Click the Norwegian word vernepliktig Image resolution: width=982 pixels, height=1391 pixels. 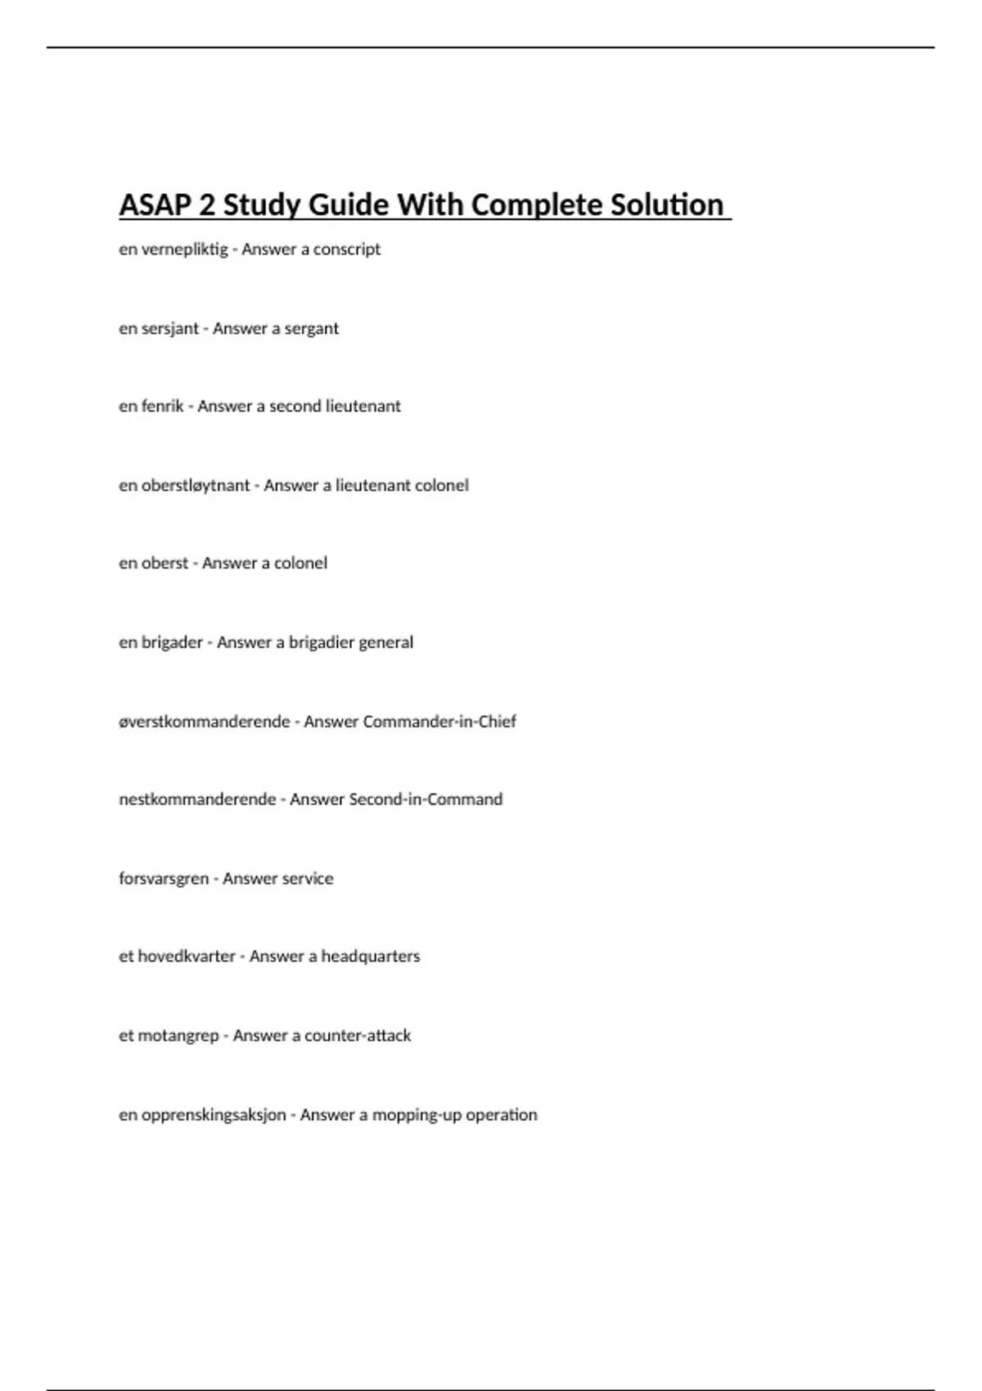(x=185, y=249)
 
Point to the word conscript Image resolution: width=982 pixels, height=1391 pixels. (x=348, y=249)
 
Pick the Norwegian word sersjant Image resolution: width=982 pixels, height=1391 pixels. (x=170, y=328)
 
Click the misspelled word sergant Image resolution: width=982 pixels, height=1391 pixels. (x=311, y=328)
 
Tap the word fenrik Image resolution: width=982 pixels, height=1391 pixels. (x=162, y=406)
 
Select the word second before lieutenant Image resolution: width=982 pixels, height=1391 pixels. (x=295, y=406)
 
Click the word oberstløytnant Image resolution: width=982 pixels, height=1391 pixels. (x=196, y=485)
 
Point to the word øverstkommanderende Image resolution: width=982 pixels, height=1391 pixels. (x=205, y=722)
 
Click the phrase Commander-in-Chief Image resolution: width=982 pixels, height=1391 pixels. (x=439, y=722)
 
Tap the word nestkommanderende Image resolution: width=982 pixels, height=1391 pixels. (x=197, y=799)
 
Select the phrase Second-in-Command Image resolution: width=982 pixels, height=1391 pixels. (x=426, y=799)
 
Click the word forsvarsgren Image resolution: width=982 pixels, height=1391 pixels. (x=164, y=879)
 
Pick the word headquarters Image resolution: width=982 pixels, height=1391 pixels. (x=370, y=957)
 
